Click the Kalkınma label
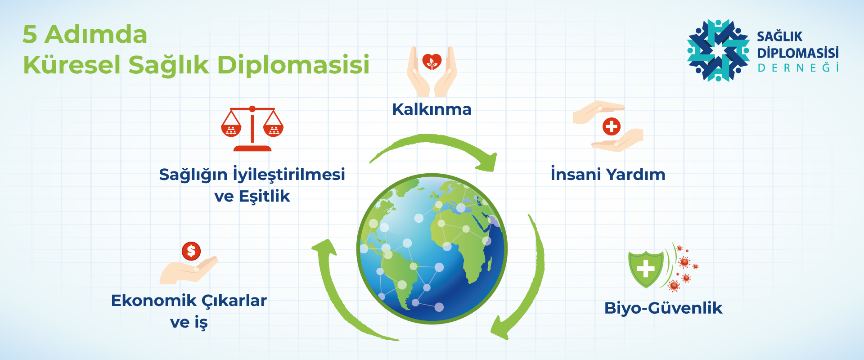tap(432, 109)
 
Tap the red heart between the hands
tap(432, 62)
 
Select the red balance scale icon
tap(252, 129)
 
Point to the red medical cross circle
tap(612, 126)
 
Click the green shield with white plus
tap(646, 269)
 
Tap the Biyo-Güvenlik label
tap(663, 308)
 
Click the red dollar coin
tap(191, 251)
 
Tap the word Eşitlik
tap(265, 197)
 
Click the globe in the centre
tap(432, 248)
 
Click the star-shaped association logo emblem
tap(718, 50)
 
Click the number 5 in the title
tap(30, 35)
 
